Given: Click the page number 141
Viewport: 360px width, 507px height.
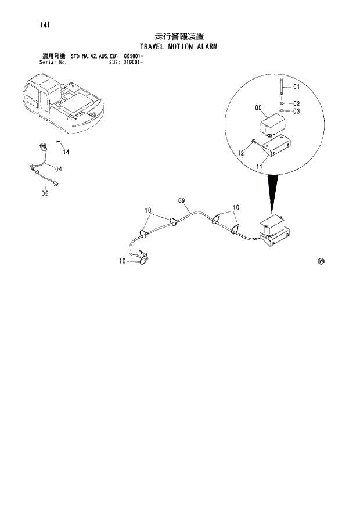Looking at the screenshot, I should [38, 24].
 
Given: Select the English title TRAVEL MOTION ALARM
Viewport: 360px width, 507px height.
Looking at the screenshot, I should [179, 46].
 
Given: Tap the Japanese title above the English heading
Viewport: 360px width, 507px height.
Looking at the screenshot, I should [179, 37].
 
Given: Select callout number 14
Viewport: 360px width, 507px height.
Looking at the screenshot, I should [66, 152].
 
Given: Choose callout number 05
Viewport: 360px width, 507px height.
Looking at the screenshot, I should [45, 194].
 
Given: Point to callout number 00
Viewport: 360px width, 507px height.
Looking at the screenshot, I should [258, 108].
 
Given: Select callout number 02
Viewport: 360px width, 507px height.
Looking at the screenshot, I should [296, 103].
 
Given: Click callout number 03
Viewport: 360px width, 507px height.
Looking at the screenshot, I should [296, 111].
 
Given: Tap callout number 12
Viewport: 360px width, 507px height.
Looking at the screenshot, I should [240, 153].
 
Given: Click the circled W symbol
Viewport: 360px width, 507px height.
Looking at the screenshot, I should [321, 261].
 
